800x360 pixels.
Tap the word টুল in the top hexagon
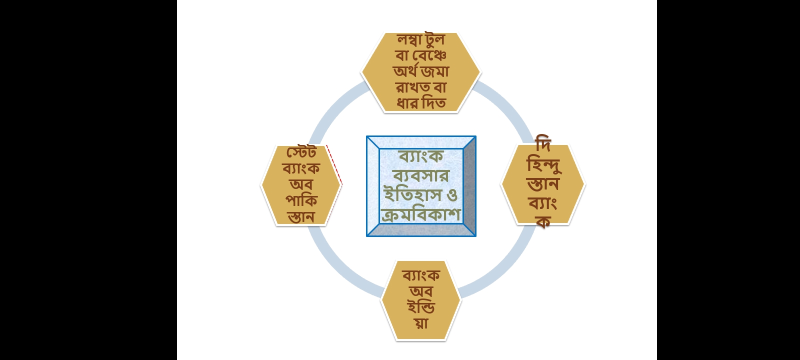click(434, 39)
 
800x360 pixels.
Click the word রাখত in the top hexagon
click(412, 87)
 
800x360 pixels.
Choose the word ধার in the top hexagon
click(407, 103)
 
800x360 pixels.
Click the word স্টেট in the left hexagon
click(301, 152)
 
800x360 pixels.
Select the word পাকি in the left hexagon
click(301, 201)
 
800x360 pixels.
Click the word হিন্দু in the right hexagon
click(543, 165)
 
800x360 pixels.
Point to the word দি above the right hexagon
click(543, 143)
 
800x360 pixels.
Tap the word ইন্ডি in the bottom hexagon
click(421, 307)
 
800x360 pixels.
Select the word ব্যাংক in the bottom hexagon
click(421, 275)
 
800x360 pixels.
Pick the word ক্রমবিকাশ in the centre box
click(421, 214)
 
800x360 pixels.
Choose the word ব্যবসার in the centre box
click(421, 175)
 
